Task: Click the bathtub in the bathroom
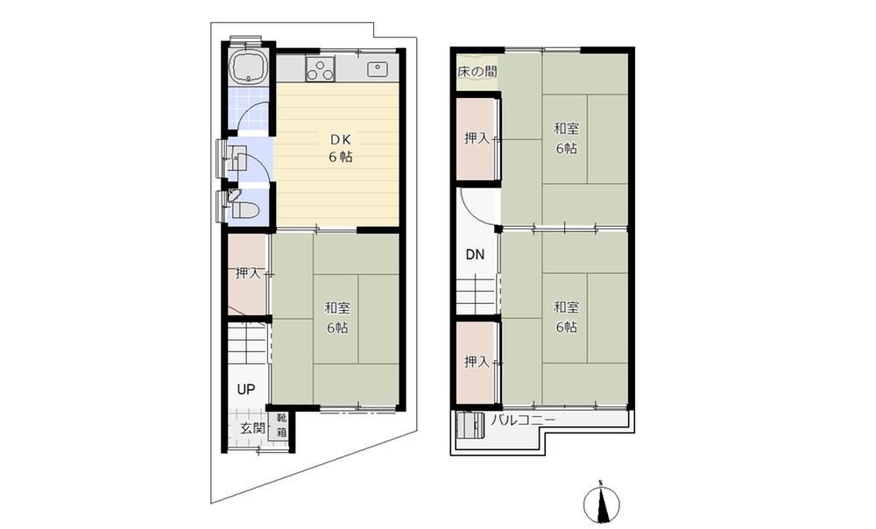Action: tap(248, 67)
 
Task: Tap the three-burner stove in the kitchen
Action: tap(320, 68)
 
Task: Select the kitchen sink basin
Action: tap(377, 69)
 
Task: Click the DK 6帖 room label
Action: tap(340, 148)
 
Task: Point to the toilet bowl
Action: tap(244, 210)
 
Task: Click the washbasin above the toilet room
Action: tap(237, 159)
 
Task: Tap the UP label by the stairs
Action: tap(246, 390)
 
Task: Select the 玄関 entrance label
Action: tap(252, 429)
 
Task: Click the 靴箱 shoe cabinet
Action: tap(281, 426)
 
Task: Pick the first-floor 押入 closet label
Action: tap(249, 273)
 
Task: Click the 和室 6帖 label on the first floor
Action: tap(337, 317)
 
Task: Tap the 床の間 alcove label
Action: tap(477, 72)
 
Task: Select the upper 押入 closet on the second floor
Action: tap(477, 139)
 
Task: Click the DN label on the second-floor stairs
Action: tap(475, 255)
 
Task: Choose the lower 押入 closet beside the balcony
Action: tap(477, 363)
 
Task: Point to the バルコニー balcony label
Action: tap(523, 420)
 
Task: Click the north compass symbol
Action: tap(601, 502)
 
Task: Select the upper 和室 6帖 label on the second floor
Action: tap(566, 138)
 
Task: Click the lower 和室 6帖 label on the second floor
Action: tap(566, 317)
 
